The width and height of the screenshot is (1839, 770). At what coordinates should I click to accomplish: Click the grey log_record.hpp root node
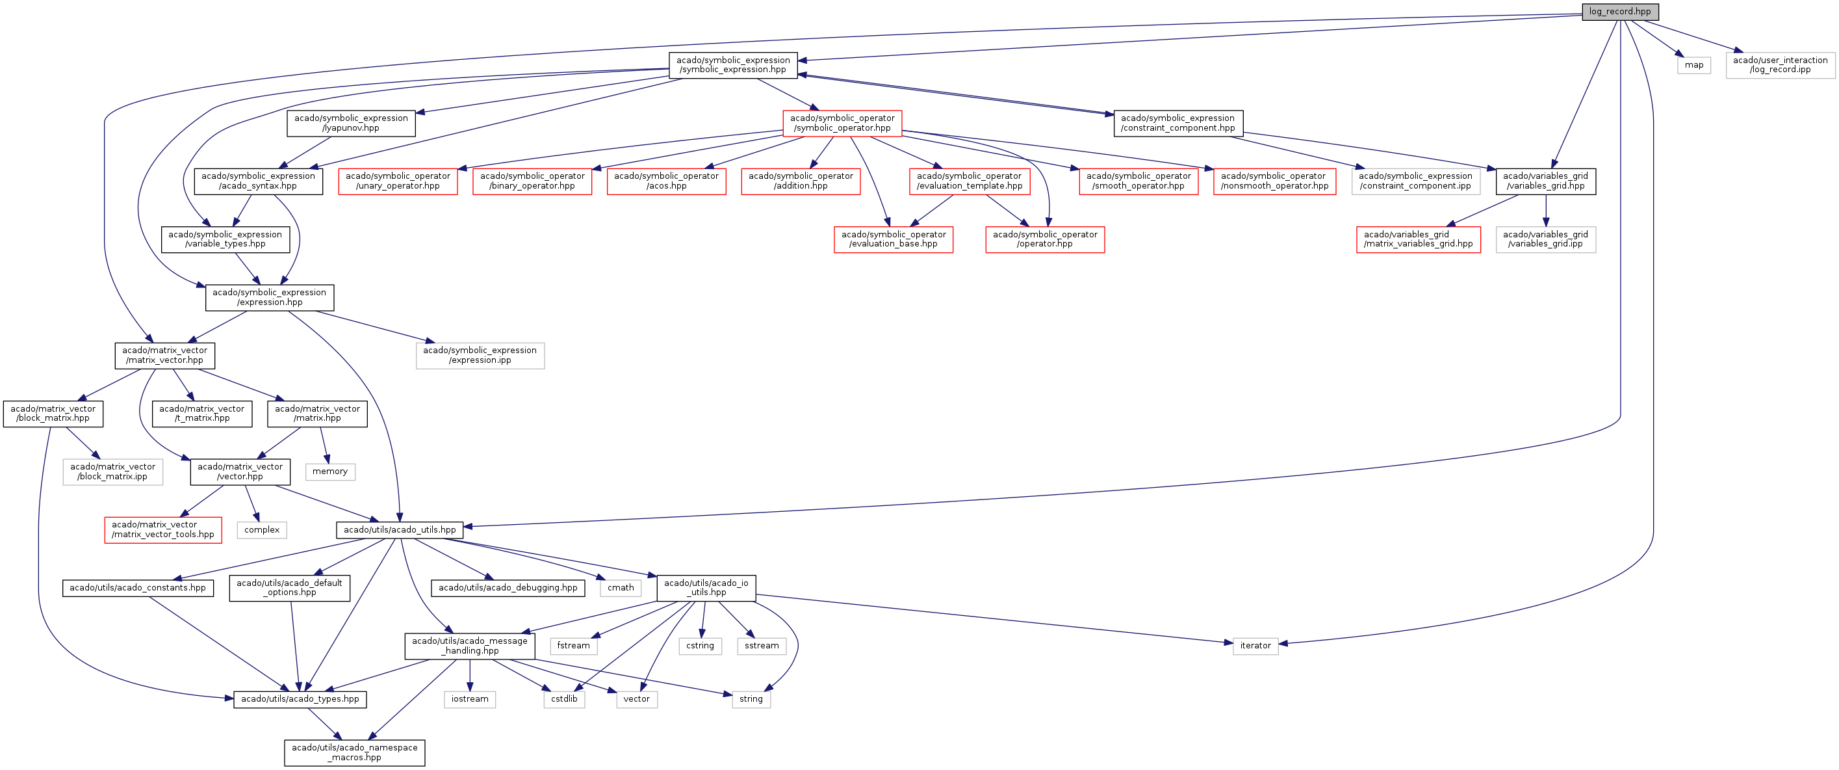[x=1619, y=12]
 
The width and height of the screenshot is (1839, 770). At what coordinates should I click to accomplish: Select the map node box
[x=1693, y=65]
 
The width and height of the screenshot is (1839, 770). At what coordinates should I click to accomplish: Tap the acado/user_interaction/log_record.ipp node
[x=1780, y=65]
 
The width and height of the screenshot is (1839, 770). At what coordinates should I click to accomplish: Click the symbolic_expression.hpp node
[x=732, y=65]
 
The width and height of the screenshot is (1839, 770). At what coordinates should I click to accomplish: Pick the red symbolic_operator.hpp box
[x=842, y=123]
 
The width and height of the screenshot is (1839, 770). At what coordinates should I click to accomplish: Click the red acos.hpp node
[x=666, y=181]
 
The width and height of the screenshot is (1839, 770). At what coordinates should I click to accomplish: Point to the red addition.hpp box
[x=801, y=181]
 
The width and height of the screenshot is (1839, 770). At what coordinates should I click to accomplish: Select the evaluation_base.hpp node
[x=893, y=239]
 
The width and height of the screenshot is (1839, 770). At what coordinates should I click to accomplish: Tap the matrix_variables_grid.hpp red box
[x=1418, y=239]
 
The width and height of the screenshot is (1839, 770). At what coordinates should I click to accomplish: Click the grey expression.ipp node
[x=480, y=355]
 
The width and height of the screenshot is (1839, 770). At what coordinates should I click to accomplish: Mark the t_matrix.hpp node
[x=202, y=414]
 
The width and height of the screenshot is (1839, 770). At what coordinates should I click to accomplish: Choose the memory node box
[x=330, y=471]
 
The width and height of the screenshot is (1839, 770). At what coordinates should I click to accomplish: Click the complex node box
[x=262, y=530]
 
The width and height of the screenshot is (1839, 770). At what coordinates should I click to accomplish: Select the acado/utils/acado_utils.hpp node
[x=400, y=530]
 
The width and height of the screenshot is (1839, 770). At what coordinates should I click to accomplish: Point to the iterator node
[x=1255, y=646]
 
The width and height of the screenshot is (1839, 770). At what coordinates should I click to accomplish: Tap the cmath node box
[x=621, y=588]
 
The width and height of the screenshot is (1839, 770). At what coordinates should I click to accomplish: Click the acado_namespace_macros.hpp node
[x=354, y=753]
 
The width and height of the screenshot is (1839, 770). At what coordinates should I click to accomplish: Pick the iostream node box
[x=470, y=699]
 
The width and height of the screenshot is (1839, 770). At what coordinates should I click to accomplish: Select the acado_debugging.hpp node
[x=508, y=588]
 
